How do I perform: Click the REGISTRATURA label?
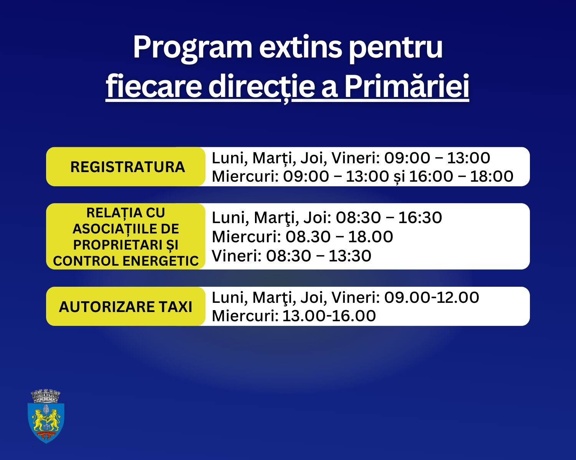(x=127, y=167)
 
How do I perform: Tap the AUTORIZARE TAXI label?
(x=126, y=307)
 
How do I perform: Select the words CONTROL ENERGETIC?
(x=126, y=261)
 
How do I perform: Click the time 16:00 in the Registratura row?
(x=431, y=176)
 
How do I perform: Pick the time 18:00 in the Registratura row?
(x=492, y=176)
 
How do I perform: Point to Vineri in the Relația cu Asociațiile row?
(x=237, y=256)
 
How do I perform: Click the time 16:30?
(x=420, y=217)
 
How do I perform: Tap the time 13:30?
(x=350, y=256)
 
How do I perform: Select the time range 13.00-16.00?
(x=329, y=316)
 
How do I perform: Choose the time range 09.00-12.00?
(x=432, y=297)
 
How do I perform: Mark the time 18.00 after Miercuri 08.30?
(x=371, y=237)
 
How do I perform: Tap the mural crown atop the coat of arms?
(x=46, y=396)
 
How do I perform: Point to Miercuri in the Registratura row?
(x=246, y=176)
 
